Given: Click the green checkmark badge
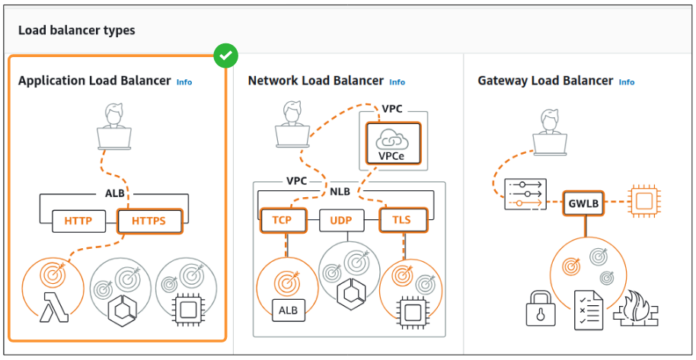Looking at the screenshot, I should tap(225, 55).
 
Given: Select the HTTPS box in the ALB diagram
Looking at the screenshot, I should tap(151, 221).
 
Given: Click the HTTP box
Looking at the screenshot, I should tap(78, 221).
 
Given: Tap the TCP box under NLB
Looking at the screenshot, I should tap(283, 220).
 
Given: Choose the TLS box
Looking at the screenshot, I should tap(401, 220).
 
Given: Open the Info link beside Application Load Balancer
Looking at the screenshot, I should tap(184, 81).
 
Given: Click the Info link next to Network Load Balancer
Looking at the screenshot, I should tap(397, 81).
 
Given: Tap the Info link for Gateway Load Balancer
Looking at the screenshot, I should tap(626, 81).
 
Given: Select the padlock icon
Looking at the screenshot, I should tap(541, 307).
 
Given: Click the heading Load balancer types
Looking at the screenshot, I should tap(76, 30).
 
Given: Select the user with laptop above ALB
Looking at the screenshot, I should tap(114, 128).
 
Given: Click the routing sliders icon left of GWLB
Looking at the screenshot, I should tap(524, 194).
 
